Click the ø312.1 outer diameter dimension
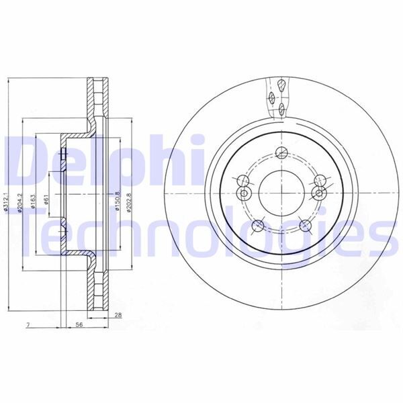click(5, 201)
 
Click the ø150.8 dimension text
click(118, 201)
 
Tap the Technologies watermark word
click(201, 232)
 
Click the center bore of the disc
click(279, 188)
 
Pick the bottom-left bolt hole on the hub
click(257, 226)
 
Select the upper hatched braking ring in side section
click(97, 98)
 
